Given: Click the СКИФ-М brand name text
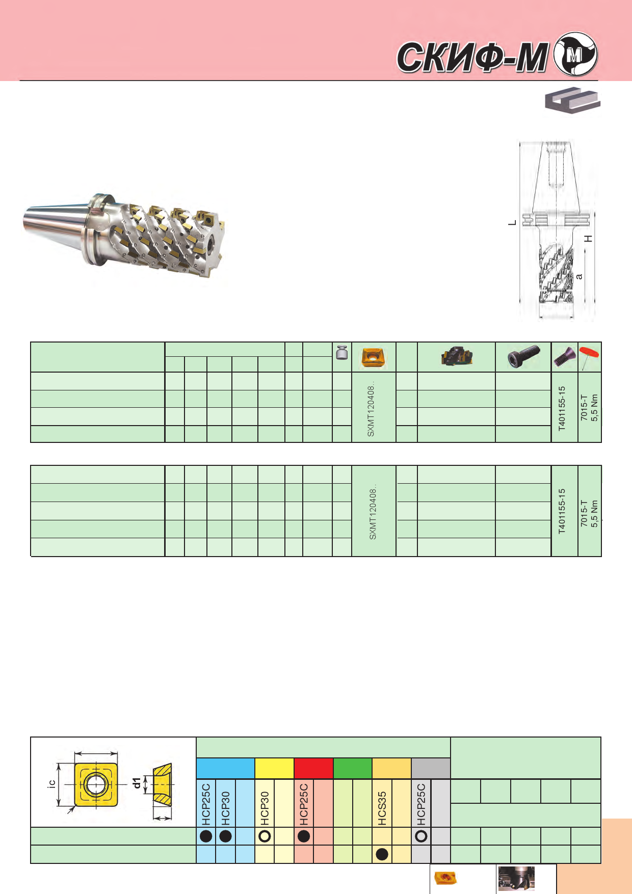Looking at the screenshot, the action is [x=473, y=57].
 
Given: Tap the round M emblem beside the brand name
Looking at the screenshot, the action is [x=575, y=54].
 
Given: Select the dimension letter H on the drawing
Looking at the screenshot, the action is [x=589, y=239].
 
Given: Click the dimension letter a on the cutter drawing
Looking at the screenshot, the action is [x=579, y=276].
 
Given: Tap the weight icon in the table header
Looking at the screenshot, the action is [x=341, y=353].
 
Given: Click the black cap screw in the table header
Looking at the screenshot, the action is [x=523, y=356].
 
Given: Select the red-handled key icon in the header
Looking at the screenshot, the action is [x=589, y=357].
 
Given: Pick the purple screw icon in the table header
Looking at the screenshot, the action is [x=564, y=357].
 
